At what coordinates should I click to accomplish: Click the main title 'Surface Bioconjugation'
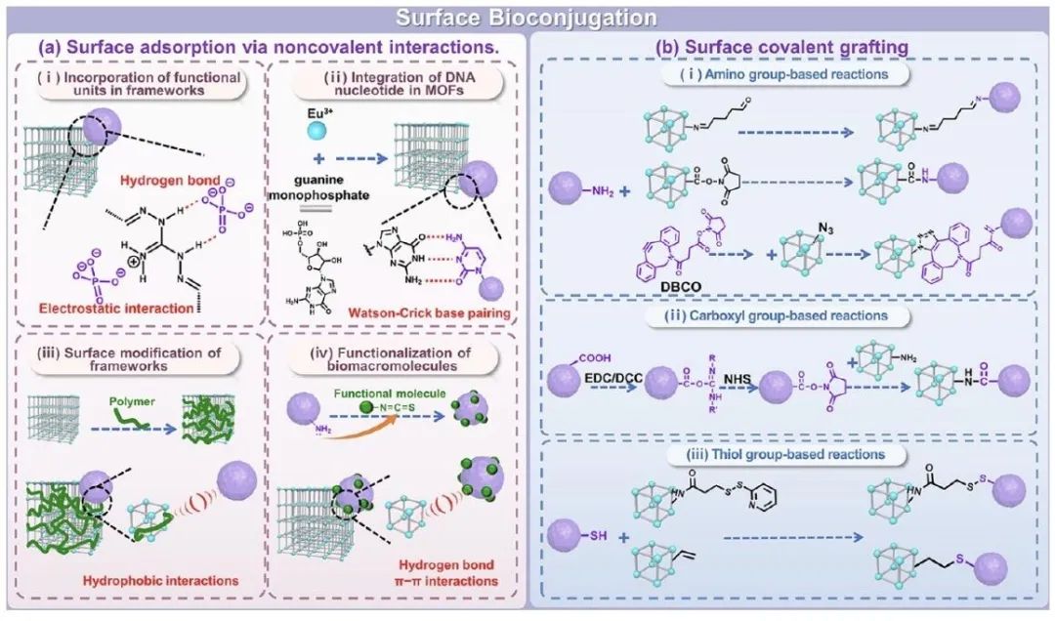click(x=527, y=18)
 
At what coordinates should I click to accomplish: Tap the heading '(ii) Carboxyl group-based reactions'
click(x=784, y=315)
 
